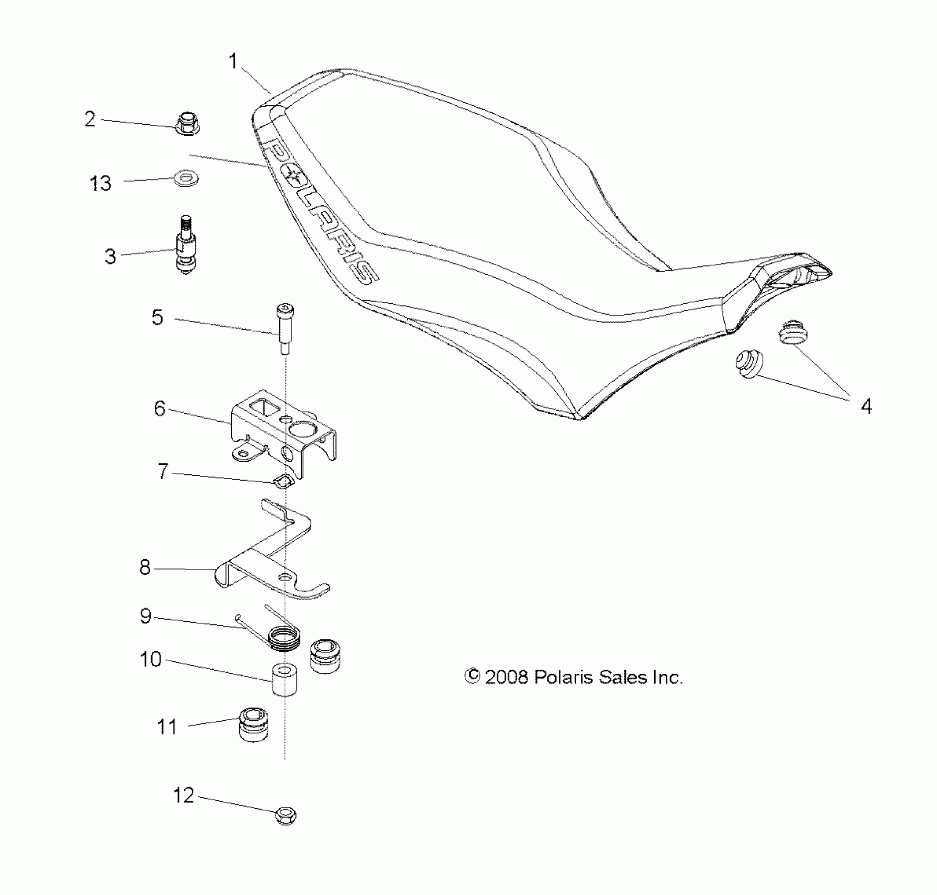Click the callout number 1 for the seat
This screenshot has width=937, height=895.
(233, 62)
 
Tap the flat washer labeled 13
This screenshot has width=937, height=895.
(186, 178)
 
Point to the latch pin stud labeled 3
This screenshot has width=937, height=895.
(185, 247)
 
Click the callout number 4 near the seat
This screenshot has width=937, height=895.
(866, 406)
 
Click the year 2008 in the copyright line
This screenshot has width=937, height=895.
(506, 677)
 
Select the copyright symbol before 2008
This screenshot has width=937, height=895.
(472, 677)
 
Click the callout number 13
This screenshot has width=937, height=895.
(100, 184)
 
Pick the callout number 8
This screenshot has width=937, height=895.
(145, 568)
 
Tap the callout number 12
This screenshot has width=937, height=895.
(183, 795)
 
